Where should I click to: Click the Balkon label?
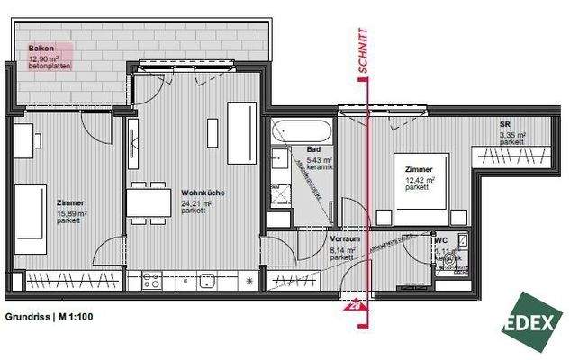[39, 50]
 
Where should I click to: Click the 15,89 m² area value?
[72, 213]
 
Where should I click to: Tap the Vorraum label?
[346, 240]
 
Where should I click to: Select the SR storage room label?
[505, 124]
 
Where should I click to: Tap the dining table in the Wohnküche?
[148, 202]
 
